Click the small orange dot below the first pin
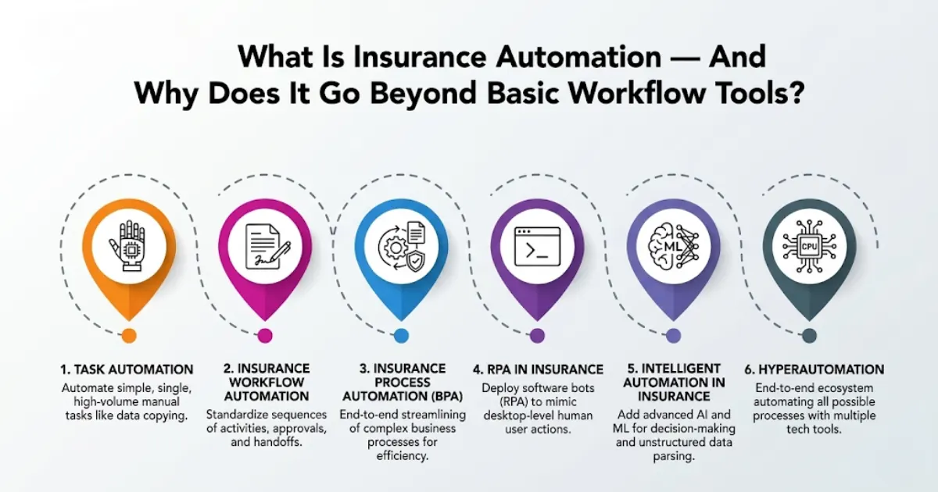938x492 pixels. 129,335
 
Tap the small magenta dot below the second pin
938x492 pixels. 265,335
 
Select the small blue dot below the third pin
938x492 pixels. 401,335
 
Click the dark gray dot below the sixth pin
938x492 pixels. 809,335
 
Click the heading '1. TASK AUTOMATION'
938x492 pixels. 127,369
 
